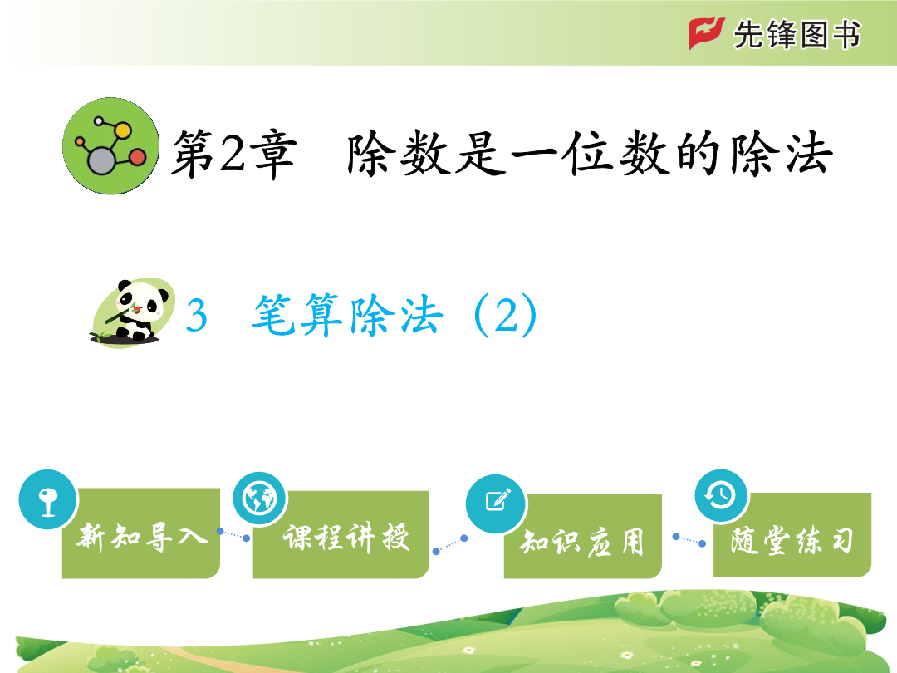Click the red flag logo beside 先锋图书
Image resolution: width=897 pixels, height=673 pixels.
click(x=707, y=33)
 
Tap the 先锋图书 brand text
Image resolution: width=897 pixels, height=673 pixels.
click(x=797, y=34)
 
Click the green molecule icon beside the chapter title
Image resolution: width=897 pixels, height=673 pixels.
click(x=111, y=146)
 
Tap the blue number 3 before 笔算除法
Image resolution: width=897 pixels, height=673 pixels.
click(x=196, y=315)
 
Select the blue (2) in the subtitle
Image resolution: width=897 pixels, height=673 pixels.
click(x=505, y=315)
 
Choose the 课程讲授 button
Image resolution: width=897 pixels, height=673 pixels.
click(x=341, y=534)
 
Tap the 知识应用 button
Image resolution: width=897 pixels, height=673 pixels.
click(x=582, y=537)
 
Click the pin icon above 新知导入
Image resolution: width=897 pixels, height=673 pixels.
click(x=47, y=499)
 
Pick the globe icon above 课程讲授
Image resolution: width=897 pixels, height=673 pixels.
click(x=259, y=499)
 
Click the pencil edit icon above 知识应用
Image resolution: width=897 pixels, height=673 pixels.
click(x=496, y=503)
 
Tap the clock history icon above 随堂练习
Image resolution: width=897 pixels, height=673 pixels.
click(x=721, y=495)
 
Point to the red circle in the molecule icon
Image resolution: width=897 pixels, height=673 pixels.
click(x=137, y=157)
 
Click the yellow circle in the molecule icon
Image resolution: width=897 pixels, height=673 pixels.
click(x=122, y=130)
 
